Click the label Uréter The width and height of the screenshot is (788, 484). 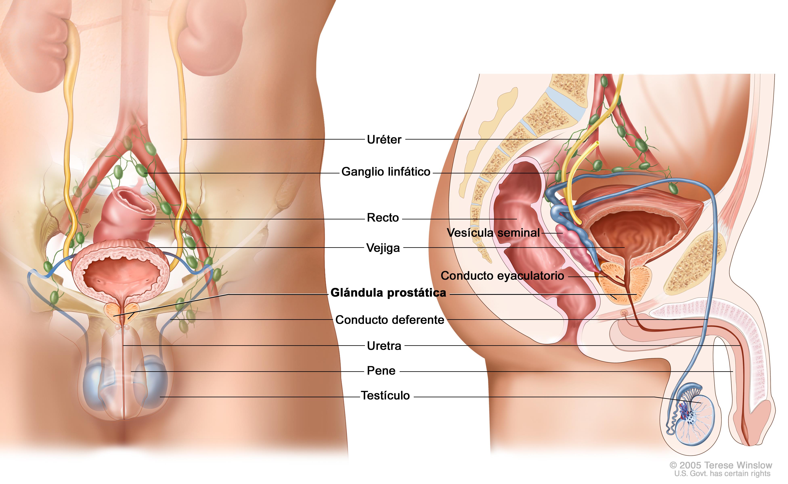click(x=384, y=140)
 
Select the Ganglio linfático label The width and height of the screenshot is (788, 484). click(x=386, y=172)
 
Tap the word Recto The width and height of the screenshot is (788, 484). click(x=383, y=218)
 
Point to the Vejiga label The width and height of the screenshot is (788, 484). click(x=383, y=248)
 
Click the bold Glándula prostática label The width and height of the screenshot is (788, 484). click(x=388, y=293)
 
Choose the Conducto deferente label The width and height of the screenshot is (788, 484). click(x=390, y=320)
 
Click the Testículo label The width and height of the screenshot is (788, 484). click(x=385, y=396)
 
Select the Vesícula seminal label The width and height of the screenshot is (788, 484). click(x=493, y=233)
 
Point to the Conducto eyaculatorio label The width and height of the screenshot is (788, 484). click(x=502, y=276)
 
